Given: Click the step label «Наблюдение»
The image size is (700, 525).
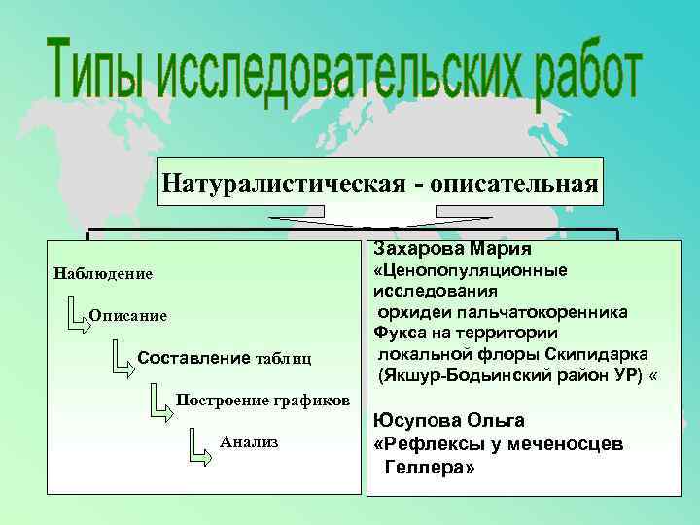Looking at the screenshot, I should click(x=104, y=273).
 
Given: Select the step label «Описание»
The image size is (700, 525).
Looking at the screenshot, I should click(x=128, y=316).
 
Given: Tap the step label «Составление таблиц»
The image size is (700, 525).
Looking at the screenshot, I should click(x=225, y=358).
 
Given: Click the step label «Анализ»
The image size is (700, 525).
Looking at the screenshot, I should click(x=249, y=441).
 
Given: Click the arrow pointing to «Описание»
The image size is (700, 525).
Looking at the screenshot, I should click(x=77, y=313).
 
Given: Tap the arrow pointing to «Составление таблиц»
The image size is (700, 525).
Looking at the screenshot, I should click(x=121, y=356).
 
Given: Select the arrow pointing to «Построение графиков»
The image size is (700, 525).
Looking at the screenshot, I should click(x=160, y=399).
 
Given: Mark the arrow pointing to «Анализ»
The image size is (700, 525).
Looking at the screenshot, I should click(x=198, y=443).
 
